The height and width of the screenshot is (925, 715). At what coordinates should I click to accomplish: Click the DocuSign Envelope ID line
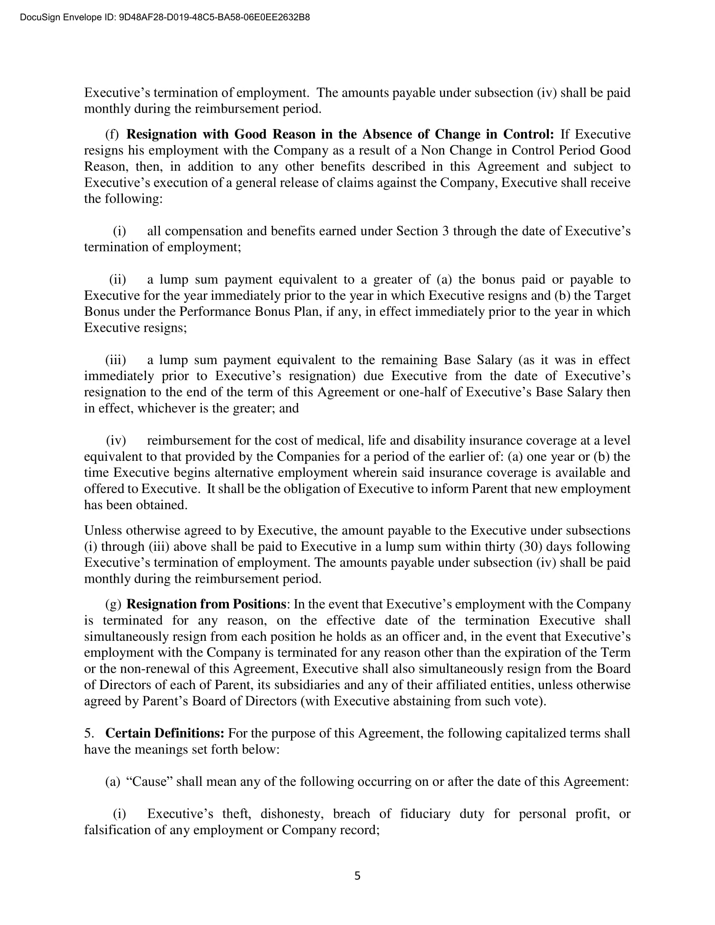click(165, 17)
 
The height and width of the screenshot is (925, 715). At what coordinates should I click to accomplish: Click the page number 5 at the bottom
click(357, 875)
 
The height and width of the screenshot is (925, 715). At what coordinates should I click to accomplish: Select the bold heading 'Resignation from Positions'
click(206, 604)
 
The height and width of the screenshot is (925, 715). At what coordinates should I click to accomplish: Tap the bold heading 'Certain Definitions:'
click(165, 733)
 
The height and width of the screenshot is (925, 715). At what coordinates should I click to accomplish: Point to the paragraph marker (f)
click(112, 134)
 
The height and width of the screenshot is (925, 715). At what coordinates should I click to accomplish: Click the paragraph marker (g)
click(113, 604)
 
